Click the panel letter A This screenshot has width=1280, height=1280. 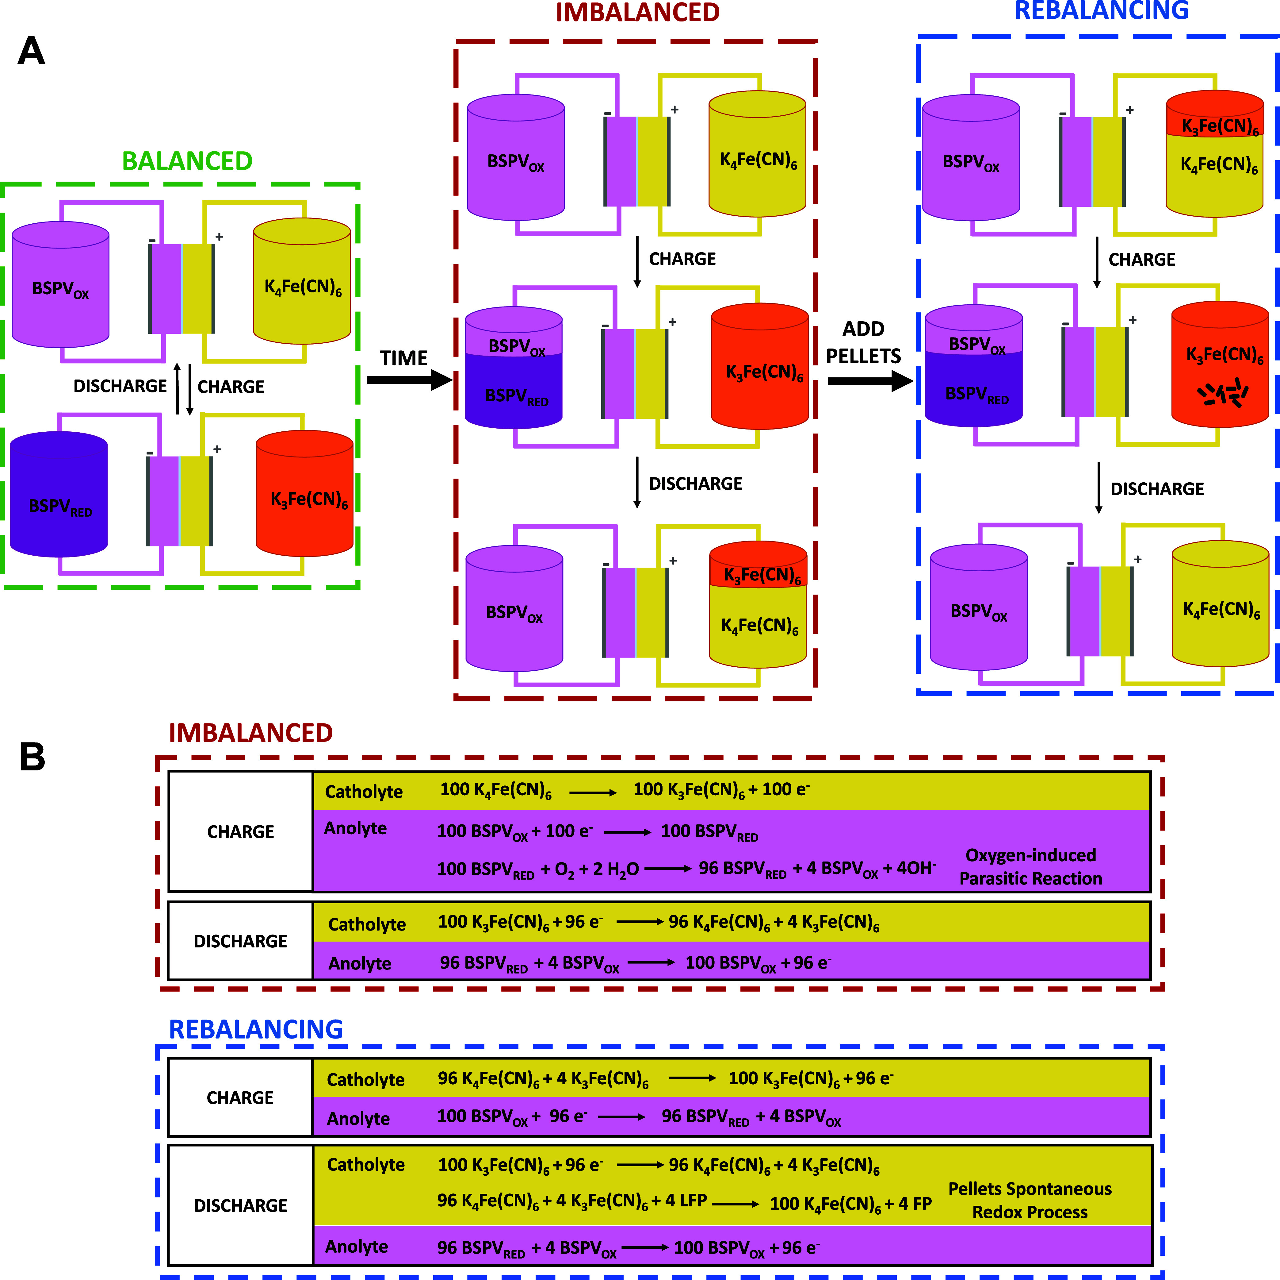pos(31,51)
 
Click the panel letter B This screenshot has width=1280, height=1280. pos(32,756)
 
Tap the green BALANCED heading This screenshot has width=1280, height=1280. pos(188,161)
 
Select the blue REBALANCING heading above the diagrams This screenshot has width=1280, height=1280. pos(1102,11)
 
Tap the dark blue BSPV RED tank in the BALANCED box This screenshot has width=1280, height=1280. pos(59,494)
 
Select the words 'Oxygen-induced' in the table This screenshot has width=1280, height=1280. pos(1031,855)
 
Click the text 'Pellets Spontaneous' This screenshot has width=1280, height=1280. pos(1030,1189)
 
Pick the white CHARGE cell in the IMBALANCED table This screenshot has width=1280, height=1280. pos(240,831)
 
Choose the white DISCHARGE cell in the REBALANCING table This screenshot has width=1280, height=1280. pos(240,1205)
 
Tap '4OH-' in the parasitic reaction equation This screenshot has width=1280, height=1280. pos(916,868)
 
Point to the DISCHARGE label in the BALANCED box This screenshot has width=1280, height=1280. pos(120,387)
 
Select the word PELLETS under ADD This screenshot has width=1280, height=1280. pos(863,356)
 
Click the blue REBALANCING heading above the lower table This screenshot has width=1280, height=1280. pos(256,1029)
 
